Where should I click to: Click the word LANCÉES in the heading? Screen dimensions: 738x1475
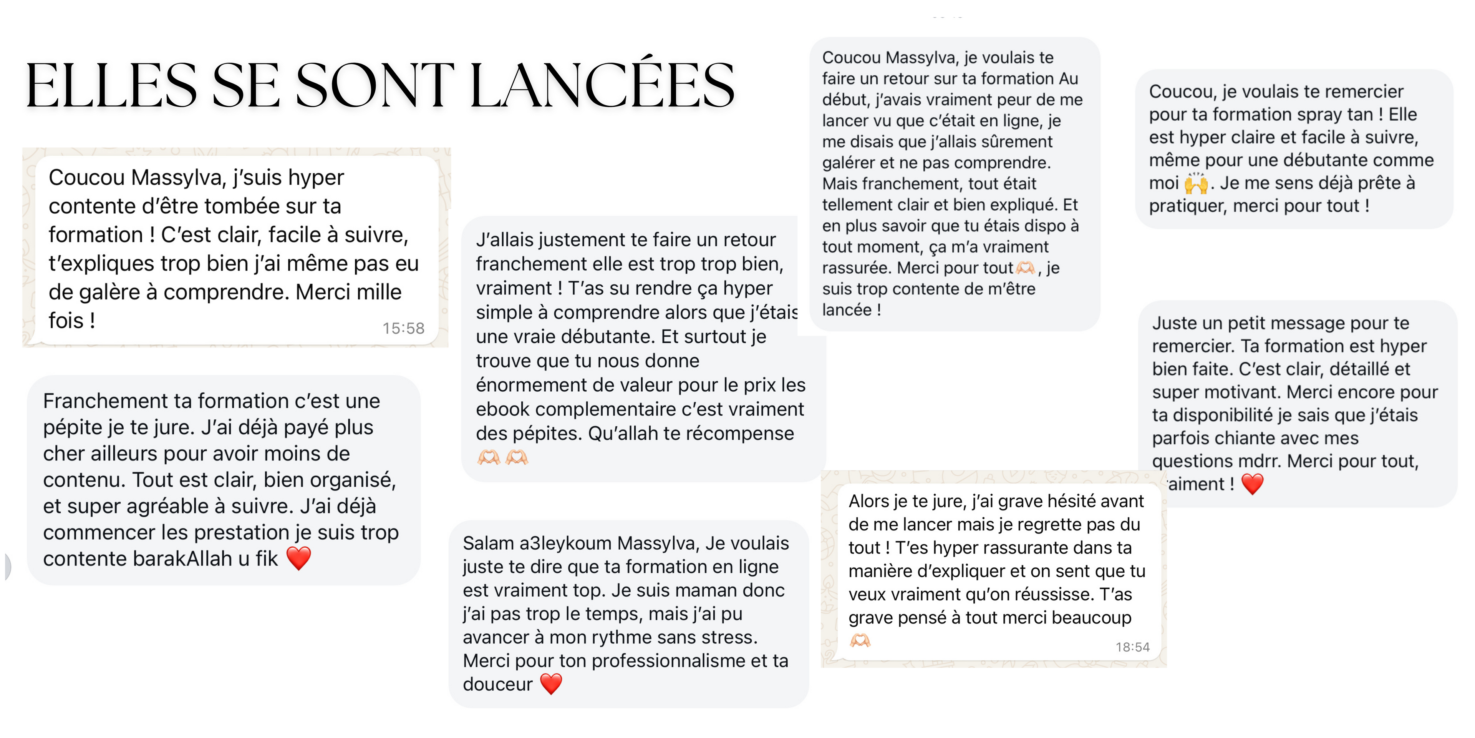click(x=601, y=86)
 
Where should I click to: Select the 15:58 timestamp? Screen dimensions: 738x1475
click(x=404, y=328)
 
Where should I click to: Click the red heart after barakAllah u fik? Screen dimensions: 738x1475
click(x=298, y=558)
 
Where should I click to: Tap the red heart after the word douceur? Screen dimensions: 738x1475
click(x=551, y=683)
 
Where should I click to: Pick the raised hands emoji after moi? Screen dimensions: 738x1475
click(x=1196, y=183)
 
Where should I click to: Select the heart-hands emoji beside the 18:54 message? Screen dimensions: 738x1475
click(x=860, y=640)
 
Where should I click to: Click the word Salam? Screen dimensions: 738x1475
click(x=489, y=543)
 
